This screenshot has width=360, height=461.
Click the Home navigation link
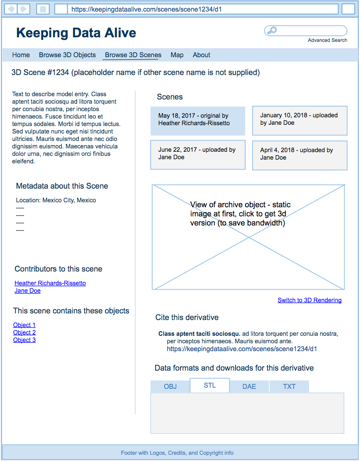click(21, 55)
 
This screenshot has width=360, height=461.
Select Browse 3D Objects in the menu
click(67, 55)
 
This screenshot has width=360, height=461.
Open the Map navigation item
click(177, 55)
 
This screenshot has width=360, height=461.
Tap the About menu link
click(202, 55)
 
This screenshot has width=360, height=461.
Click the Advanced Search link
click(327, 40)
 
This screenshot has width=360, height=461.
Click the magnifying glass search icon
click(272, 30)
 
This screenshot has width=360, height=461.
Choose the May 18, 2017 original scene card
click(197, 121)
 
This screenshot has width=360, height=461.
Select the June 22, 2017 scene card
click(197, 155)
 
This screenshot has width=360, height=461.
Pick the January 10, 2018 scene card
click(299, 120)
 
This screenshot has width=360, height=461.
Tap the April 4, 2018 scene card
click(299, 155)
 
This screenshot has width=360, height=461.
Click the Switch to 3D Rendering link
click(309, 300)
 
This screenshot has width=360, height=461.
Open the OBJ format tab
click(170, 386)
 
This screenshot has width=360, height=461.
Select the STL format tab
click(209, 386)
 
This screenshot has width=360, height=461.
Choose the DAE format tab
click(249, 386)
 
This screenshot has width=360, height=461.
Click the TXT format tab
click(289, 386)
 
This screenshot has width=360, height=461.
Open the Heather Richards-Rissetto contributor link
click(50, 283)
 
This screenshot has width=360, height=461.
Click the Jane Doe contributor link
click(27, 291)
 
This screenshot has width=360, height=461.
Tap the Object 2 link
click(24, 332)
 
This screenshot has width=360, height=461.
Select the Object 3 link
click(24, 340)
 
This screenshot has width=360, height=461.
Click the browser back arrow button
click(11, 9)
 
